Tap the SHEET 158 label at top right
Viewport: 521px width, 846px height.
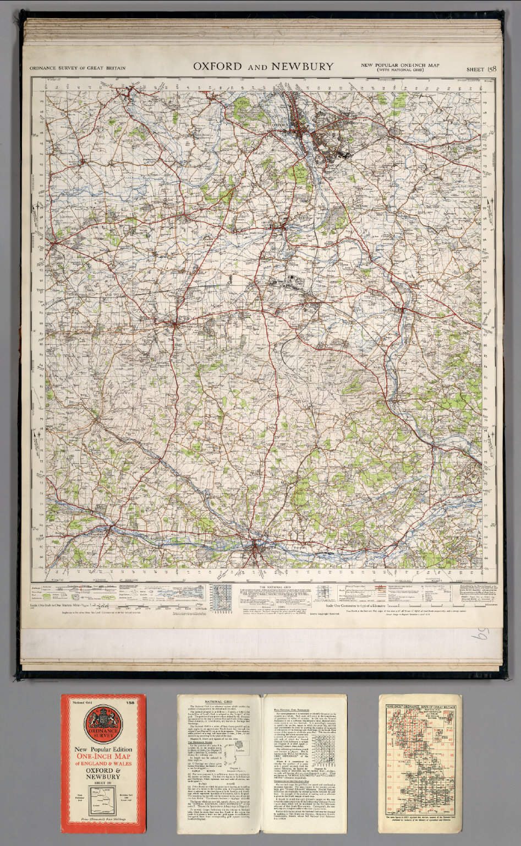pos(481,69)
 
